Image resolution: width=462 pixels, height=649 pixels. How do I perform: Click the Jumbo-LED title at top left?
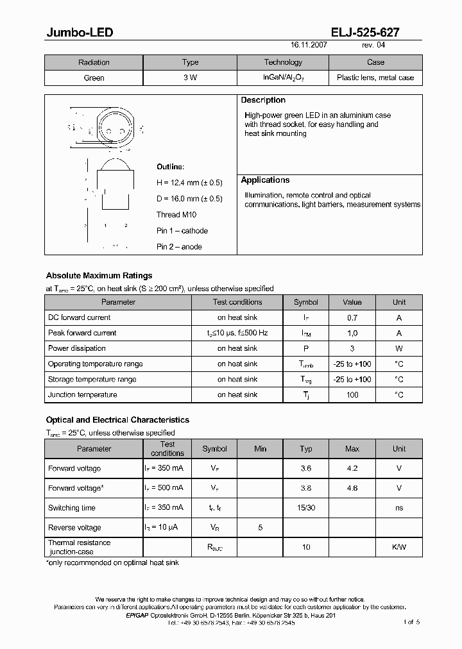tap(80, 33)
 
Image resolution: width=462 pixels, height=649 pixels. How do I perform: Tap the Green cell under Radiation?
tap(94, 78)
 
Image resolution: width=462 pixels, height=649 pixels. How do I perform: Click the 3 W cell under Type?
tap(190, 78)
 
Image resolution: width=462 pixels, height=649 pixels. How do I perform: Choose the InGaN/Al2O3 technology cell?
tap(283, 78)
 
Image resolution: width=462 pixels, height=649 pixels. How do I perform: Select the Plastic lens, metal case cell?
tap(375, 78)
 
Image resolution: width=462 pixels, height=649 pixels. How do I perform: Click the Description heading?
tap(263, 101)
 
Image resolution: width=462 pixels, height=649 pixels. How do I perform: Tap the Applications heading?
tap(265, 180)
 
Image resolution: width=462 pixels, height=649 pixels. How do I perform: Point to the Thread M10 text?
tap(176, 215)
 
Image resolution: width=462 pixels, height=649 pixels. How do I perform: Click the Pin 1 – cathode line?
tap(182, 231)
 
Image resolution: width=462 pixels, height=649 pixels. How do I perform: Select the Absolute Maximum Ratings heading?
tap(99, 276)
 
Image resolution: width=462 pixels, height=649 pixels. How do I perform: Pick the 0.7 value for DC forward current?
tap(352, 317)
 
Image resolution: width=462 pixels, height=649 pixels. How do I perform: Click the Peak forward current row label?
tap(82, 333)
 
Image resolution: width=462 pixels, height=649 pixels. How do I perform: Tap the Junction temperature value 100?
tap(352, 395)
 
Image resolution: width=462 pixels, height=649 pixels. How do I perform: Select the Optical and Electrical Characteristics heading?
tap(117, 420)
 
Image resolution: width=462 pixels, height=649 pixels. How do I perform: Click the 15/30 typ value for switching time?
tap(306, 508)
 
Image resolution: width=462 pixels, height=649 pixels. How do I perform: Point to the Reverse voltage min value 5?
tap(260, 528)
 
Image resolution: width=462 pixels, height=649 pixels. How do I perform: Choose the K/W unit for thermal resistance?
tap(398, 548)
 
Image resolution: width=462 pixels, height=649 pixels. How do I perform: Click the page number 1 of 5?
tap(411, 622)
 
